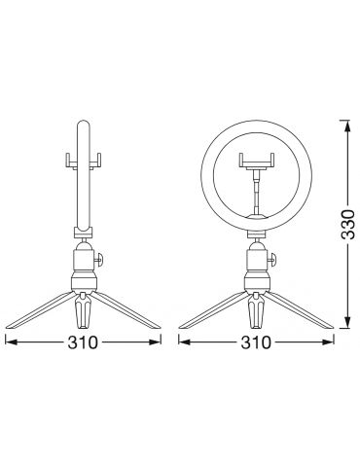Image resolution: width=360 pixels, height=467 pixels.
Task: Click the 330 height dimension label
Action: click(x=348, y=225)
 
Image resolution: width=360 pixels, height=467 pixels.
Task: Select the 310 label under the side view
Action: click(x=83, y=342)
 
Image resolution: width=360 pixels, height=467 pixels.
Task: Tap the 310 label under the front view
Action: click(x=256, y=342)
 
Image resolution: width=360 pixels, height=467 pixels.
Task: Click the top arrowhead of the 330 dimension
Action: click(x=347, y=126)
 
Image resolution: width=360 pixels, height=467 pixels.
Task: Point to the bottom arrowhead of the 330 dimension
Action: click(x=347, y=322)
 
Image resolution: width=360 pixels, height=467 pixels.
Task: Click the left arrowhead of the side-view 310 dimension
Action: click(x=12, y=341)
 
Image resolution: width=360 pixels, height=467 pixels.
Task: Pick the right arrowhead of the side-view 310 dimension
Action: click(x=155, y=341)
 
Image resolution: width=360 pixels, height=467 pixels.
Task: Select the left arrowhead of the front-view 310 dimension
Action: click(x=185, y=341)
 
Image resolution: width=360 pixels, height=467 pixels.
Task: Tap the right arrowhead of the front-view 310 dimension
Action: click(x=328, y=341)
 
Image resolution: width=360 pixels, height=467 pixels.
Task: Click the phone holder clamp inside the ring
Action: click(x=257, y=162)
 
